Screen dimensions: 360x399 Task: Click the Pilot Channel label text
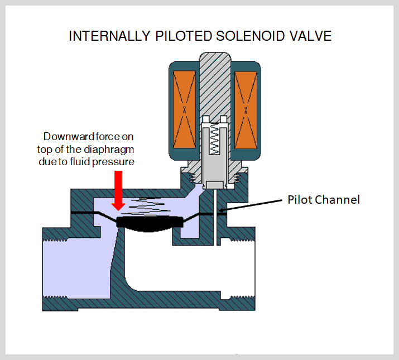tap(323, 200)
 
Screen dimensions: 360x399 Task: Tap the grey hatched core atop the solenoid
tap(215, 84)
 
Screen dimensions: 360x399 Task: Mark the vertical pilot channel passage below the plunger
tap(215, 218)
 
